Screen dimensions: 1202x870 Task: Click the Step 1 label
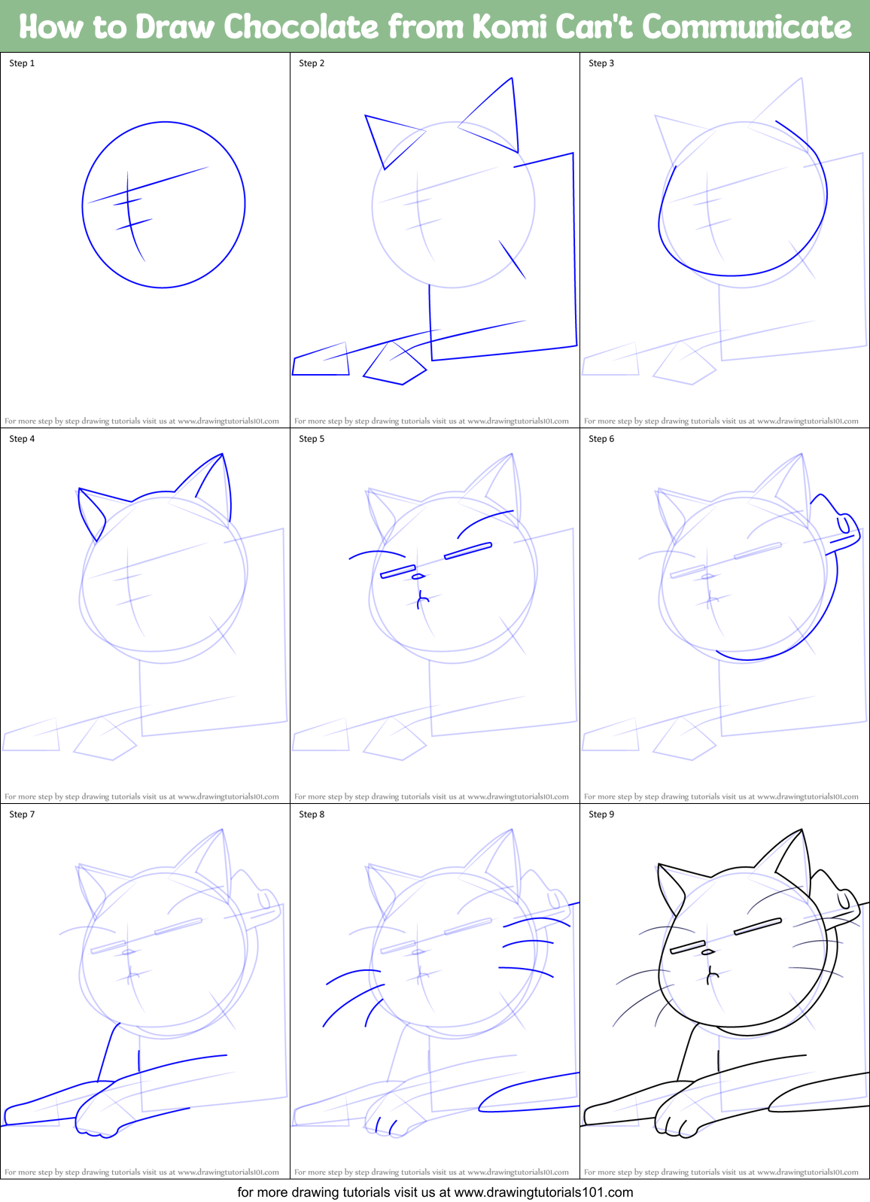click(x=22, y=63)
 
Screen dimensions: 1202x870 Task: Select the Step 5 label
click(x=312, y=439)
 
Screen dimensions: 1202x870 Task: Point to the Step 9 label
click(x=601, y=814)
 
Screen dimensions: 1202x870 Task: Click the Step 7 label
click(x=22, y=814)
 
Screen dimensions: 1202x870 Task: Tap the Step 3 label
click(x=601, y=63)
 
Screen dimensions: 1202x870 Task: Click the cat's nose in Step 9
click(x=707, y=952)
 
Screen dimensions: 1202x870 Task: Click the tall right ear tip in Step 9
click(x=802, y=832)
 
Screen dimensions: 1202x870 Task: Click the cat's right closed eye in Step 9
click(x=758, y=927)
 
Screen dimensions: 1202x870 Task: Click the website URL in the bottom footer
click(x=543, y=1192)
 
